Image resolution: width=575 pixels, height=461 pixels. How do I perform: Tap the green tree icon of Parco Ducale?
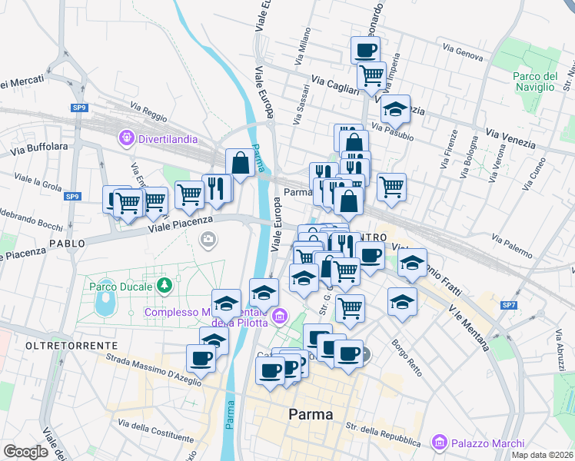[163, 286]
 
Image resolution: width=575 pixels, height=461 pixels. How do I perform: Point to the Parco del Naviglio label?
[535, 81]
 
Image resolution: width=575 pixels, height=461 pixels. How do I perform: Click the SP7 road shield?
[509, 306]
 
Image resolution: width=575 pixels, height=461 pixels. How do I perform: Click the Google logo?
[25, 452]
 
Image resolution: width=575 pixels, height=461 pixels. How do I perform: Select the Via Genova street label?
[464, 51]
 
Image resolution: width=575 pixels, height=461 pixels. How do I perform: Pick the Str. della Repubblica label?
[383, 434]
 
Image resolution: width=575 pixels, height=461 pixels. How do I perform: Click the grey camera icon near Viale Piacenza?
[208, 240]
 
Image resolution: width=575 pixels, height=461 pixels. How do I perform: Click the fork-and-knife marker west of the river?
[217, 188]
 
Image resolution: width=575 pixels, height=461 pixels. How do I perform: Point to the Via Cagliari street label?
[335, 85]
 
